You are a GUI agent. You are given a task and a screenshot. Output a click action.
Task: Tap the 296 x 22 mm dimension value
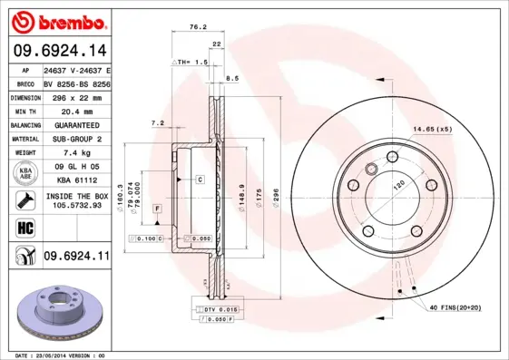tap(75, 97)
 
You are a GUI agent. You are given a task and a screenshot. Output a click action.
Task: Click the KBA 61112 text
tap(76, 181)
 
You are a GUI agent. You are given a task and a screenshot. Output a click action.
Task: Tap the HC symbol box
tap(24, 228)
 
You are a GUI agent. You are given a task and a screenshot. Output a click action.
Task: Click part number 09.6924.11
tap(76, 257)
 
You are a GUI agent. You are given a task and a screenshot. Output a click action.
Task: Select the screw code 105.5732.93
tap(76, 206)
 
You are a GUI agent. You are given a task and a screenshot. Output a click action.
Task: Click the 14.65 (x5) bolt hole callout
tap(433, 130)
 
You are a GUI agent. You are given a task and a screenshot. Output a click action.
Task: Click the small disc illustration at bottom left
tap(57, 309)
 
